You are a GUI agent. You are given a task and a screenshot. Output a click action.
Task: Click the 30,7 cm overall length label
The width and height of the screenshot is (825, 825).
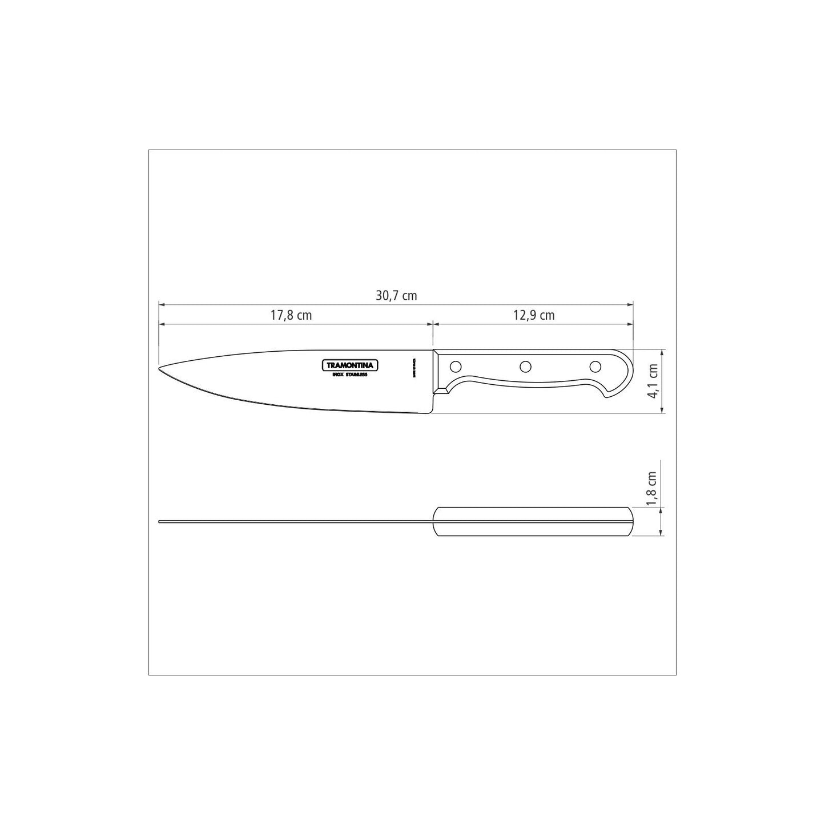click(x=396, y=296)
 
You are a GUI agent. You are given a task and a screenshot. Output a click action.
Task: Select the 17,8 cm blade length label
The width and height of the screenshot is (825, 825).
click(x=291, y=315)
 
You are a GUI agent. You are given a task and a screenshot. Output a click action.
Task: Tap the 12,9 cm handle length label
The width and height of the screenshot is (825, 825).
click(x=534, y=315)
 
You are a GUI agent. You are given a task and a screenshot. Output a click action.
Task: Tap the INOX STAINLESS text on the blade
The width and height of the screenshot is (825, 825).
click(x=349, y=375)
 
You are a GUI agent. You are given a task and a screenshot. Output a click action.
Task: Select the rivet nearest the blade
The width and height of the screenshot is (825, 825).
click(x=457, y=366)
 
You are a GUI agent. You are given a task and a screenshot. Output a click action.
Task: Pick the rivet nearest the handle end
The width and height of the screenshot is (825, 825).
click(x=595, y=366)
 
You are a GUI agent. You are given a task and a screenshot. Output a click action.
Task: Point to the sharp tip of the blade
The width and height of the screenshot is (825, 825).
click(x=159, y=369)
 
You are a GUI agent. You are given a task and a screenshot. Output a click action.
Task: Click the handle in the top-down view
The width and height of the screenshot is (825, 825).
click(x=532, y=521)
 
